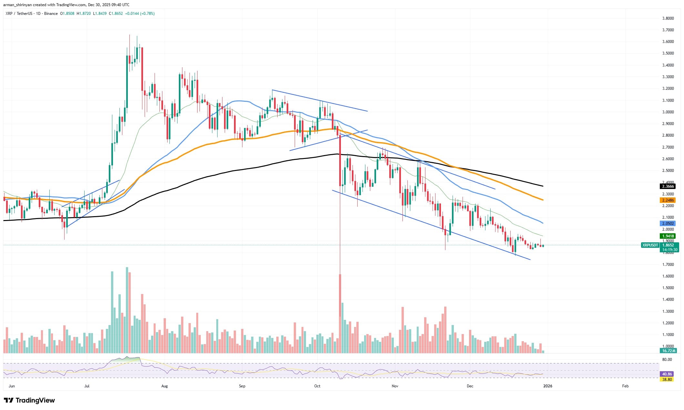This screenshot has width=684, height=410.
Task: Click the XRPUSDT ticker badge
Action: pos(650,245)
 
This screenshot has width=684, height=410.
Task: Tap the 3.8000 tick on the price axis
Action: pos(665,18)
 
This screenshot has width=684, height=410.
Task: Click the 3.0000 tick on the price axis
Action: pos(665,112)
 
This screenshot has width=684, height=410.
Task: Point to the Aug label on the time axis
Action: pos(164,386)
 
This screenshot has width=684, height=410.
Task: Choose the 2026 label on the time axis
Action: pos(547,386)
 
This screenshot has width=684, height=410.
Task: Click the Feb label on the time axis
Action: pos(625,386)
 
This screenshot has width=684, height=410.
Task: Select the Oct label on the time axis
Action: pos(317,386)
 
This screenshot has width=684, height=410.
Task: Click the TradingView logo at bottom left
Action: pos(29,400)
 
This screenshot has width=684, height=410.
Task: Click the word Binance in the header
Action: pos(51,14)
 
